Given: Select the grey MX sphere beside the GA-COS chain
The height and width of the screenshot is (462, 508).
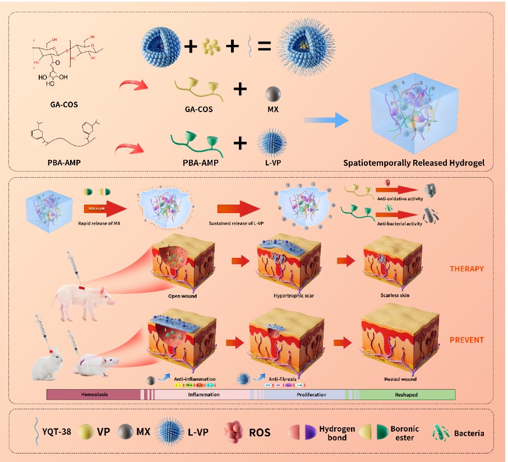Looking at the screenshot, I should pos(273,93).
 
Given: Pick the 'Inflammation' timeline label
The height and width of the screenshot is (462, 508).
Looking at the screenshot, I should pos(202,395).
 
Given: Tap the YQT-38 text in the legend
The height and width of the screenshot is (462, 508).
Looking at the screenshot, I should pos(53,432).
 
